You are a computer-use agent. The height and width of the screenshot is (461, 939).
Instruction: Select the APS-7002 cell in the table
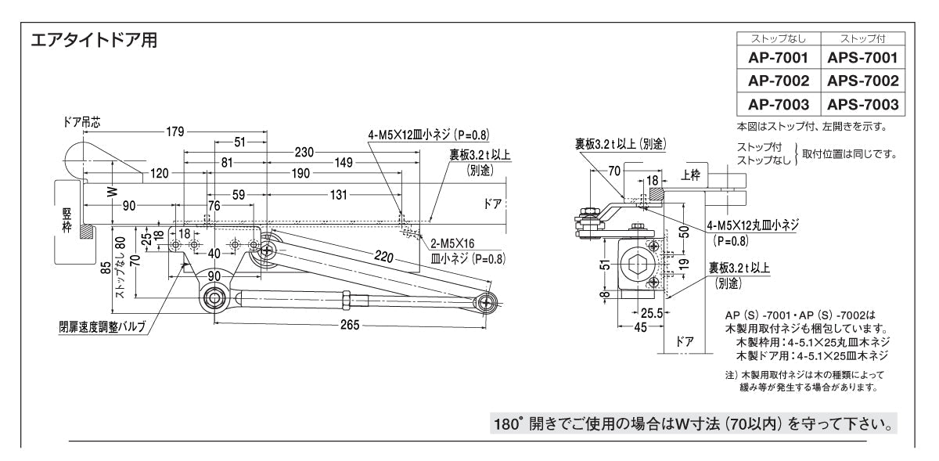[862, 81]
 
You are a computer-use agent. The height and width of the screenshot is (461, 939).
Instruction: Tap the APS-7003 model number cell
[862, 104]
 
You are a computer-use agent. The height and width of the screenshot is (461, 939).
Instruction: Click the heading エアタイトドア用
[94, 41]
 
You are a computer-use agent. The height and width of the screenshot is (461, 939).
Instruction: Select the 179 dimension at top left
[174, 131]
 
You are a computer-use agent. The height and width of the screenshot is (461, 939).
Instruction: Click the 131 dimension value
[337, 195]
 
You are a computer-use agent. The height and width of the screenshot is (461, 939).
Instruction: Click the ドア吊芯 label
[81, 122]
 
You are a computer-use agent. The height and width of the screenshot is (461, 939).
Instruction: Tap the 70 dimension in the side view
[613, 169]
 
